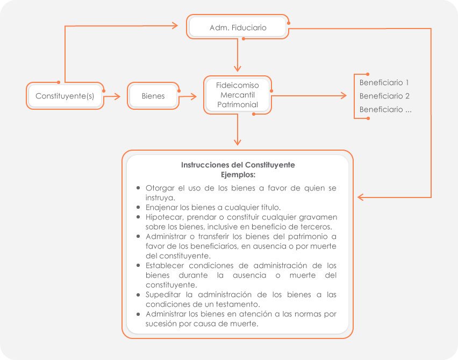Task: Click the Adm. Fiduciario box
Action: point(238,27)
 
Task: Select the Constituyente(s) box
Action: point(65,96)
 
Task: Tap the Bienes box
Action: point(153,96)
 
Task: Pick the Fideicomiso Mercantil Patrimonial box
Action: point(237,95)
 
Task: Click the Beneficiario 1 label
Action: point(384,83)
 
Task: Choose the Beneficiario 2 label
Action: point(384,96)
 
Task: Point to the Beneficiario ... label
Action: point(385,110)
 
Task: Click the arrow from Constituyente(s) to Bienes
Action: point(112,96)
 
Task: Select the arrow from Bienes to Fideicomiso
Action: point(189,96)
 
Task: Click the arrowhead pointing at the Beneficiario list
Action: point(343,96)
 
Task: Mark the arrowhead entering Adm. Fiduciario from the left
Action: point(174,25)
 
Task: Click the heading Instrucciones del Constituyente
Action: point(238,165)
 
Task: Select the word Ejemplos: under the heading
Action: point(238,174)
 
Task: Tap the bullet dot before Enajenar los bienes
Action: point(139,207)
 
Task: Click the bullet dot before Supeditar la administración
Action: point(139,295)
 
